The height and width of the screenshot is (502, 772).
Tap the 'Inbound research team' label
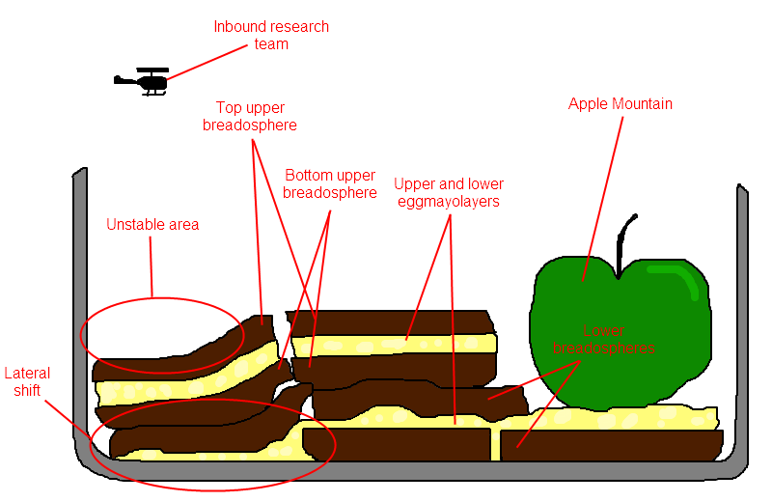[x=271, y=35]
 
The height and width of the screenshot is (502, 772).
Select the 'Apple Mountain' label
[x=620, y=104]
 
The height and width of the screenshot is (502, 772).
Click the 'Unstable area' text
[x=152, y=225]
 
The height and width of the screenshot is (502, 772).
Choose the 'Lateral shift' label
[x=27, y=381]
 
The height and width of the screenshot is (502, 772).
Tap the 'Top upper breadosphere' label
[x=250, y=116]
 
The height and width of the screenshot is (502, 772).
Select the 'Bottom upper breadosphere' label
[x=330, y=183]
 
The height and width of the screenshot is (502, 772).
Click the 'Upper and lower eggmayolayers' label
[x=449, y=192]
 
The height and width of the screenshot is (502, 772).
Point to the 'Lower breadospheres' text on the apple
[x=602, y=339]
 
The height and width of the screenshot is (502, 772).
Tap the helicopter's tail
[x=122, y=80]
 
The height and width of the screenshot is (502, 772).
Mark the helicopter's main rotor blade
[x=152, y=70]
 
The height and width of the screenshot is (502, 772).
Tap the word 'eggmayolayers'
[x=449, y=201]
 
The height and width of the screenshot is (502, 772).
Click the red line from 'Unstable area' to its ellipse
[x=152, y=265]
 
